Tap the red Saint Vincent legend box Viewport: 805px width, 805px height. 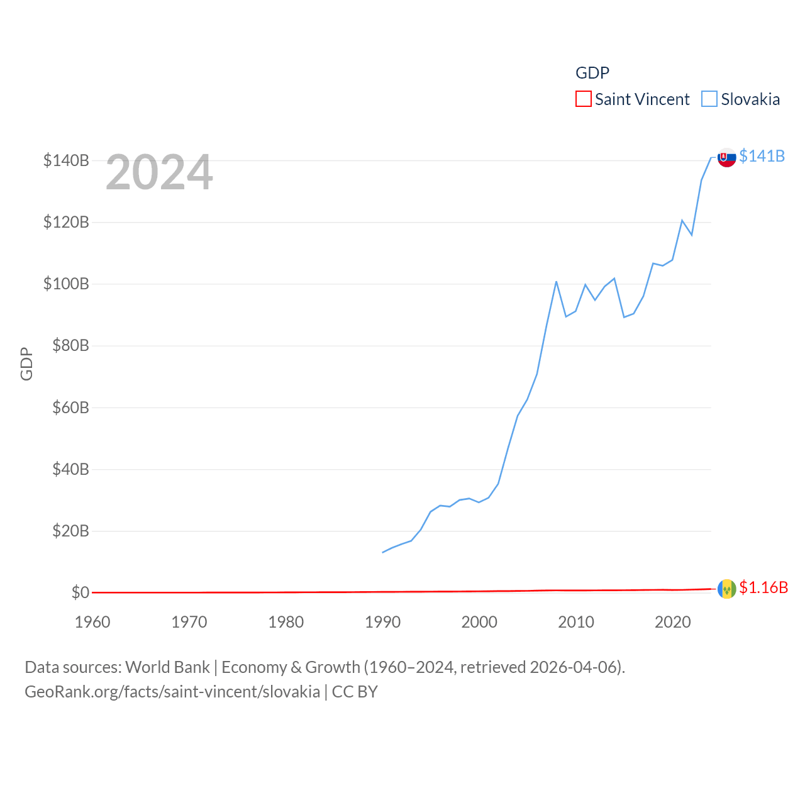click(584, 99)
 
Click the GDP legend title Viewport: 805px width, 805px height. click(592, 73)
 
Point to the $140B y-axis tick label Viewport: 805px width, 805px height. click(66, 160)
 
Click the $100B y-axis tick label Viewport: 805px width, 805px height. click(66, 284)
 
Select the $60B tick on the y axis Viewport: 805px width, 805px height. click(70, 408)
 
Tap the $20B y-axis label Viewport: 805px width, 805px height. click(70, 531)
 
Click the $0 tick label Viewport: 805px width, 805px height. click(80, 592)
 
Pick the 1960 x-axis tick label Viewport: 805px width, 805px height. click(92, 622)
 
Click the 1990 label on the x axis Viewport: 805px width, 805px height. click(382, 622)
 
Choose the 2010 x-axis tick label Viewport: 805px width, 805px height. click(576, 622)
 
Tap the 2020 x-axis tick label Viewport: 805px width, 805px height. click(673, 622)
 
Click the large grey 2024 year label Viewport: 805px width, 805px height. click(159, 172)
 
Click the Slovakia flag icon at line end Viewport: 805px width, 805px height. click(726, 157)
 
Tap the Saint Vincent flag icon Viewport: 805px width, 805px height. click(726, 589)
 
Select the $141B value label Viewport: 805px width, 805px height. click(762, 156)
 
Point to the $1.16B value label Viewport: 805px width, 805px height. click(763, 587)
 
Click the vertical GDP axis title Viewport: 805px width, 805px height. click(26, 364)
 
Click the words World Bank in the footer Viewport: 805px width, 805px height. click(167, 667)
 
